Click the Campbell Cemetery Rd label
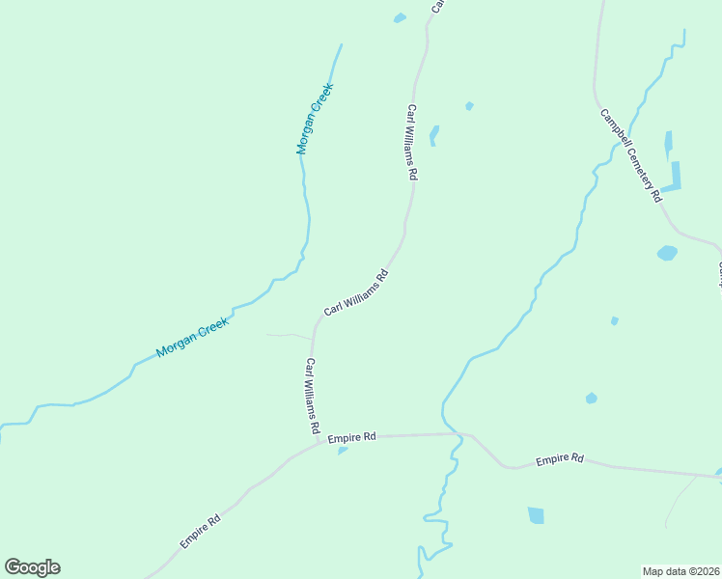630,154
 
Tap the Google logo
32,567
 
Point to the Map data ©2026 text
680,570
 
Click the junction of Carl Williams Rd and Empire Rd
318,445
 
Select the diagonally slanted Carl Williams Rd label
356,292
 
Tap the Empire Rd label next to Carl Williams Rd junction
351,438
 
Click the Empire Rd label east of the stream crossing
560,459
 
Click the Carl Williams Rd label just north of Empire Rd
312,397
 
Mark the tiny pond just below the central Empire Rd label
343,451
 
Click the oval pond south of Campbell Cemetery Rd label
667,253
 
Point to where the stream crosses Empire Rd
459,435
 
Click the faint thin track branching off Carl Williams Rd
289,336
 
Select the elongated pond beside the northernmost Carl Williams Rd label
434,135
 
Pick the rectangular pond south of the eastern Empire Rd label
536,515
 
